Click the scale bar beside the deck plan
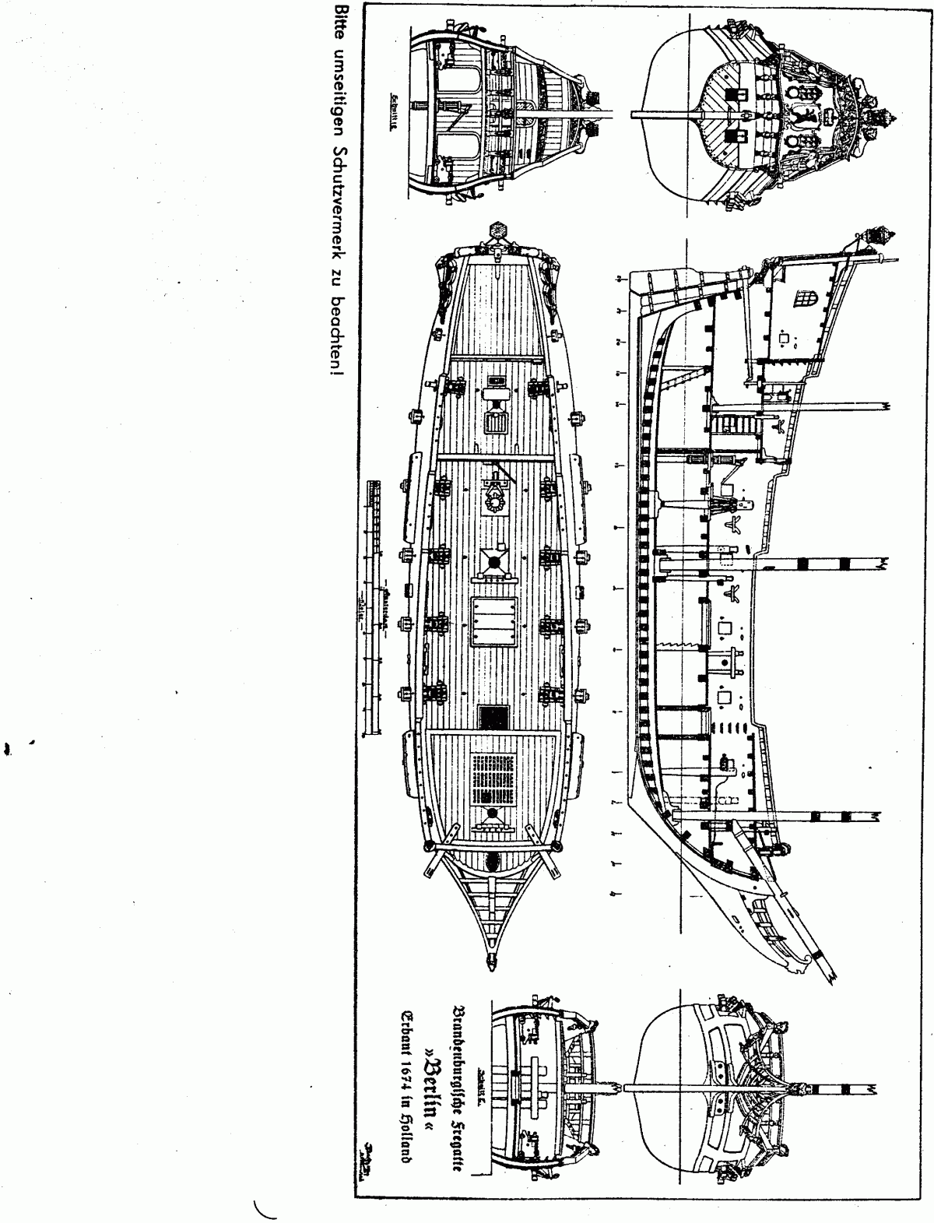[376, 607]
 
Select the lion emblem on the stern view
[802, 117]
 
